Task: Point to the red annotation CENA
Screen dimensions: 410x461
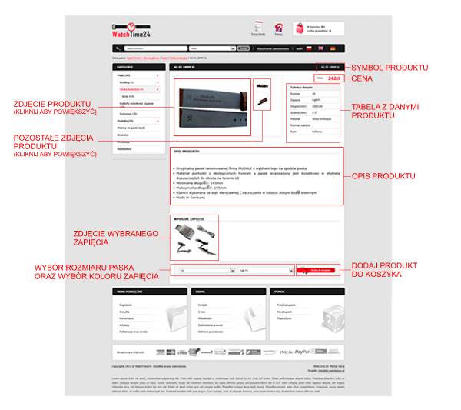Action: [x=362, y=78]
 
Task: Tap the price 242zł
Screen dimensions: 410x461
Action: [x=333, y=78]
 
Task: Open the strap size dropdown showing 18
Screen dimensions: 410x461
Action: [x=204, y=271]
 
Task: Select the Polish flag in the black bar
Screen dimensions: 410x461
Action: [x=308, y=48]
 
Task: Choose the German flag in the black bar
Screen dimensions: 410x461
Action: [x=333, y=48]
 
